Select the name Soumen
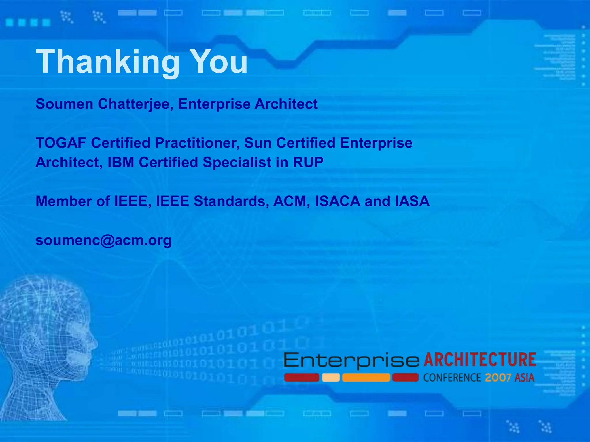(x=64, y=104)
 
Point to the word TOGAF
(x=61, y=143)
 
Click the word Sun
(x=258, y=143)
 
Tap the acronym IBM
(x=121, y=162)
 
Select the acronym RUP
(x=308, y=162)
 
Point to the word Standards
(x=231, y=201)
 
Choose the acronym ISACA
(x=337, y=201)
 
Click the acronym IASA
(x=412, y=201)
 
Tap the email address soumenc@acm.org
(x=103, y=241)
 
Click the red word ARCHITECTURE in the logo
(x=480, y=359)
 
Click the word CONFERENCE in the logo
(x=452, y=378)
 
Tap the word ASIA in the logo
(x=524, y=378)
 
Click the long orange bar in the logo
(x=366, y=378)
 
